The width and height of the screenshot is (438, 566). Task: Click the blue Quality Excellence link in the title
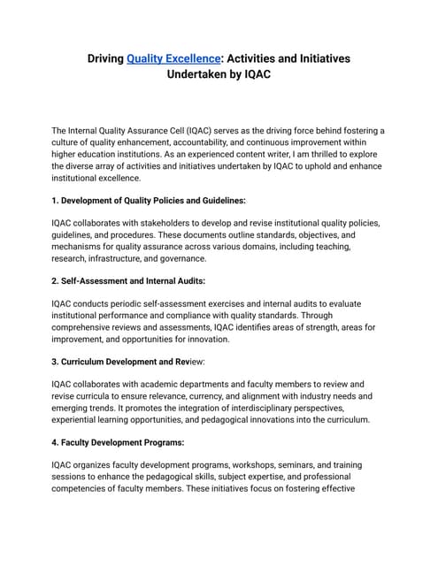point(173,58)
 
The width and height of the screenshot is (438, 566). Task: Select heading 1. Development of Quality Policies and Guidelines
point(149,201)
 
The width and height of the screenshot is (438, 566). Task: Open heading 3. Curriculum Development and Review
point(142,362)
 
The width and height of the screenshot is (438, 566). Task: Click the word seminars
point(295,464)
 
